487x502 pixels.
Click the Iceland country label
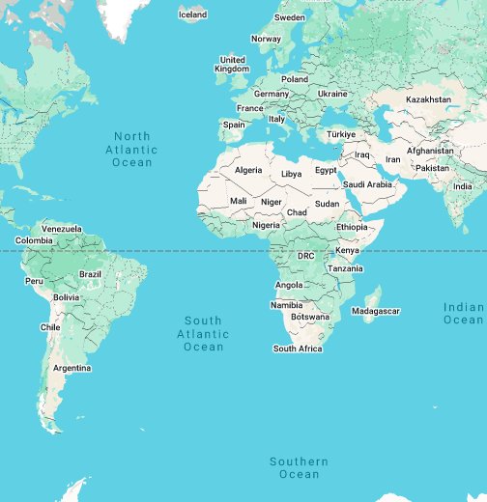193,14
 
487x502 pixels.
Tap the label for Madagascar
375,311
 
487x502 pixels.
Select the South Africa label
298,349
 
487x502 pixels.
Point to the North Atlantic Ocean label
132,150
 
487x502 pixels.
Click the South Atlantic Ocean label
204,333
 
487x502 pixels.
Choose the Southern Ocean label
299,468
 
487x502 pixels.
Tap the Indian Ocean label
464,313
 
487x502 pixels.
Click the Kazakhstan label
428,99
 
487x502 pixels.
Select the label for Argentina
72,368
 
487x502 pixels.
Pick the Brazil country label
90,274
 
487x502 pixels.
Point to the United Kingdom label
232,64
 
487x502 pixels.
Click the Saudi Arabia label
367,184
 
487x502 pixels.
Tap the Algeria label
248,170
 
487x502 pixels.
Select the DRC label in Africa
305,256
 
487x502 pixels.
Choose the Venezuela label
62,229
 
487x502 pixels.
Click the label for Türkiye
341,134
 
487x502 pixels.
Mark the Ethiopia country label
353,226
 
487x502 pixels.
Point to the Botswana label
310,317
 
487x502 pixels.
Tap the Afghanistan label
430,151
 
